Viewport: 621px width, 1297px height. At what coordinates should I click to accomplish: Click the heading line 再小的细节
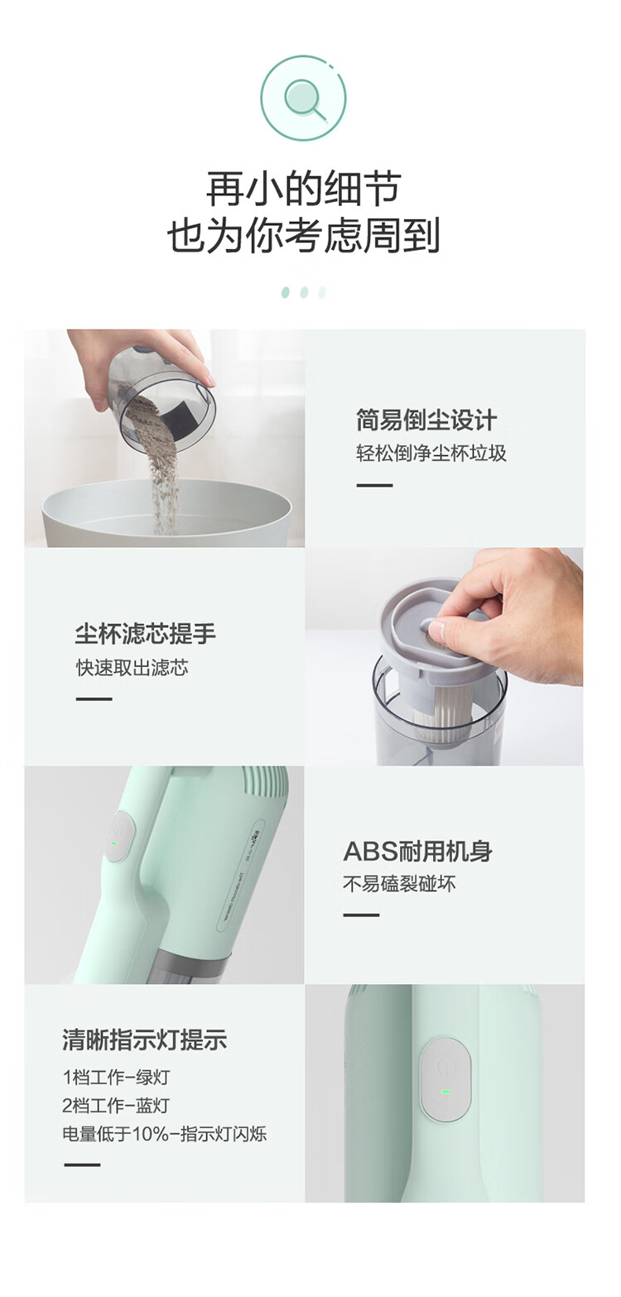click(x=303, y=189)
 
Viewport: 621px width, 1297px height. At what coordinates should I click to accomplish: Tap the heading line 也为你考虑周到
click(x=304, y=235)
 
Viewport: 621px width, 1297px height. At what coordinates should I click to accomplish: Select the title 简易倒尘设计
click(x=426, y=420)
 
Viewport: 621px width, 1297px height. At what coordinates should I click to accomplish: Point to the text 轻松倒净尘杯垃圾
click(x=431, y=453)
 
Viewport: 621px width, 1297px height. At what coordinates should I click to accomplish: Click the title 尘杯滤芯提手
click(x=146, y=634)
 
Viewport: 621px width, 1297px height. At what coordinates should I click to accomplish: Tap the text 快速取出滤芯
click(x=132, y=668)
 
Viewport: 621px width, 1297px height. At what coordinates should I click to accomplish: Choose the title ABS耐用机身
click(x=417, y=851)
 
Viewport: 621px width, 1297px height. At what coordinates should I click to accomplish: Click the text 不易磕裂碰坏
click(x=399, y=884)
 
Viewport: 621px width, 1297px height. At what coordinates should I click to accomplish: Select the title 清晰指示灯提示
click(x=145, y=1040)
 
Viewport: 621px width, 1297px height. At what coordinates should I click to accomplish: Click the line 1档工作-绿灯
click(x=116, y=1077)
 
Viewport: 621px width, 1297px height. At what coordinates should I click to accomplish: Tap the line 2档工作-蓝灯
click(x=116, y=1105)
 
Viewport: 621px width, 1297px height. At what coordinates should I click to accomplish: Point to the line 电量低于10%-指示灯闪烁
click(x=165, y=1134)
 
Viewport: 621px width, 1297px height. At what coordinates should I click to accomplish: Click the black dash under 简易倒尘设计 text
click(x=374, y=485)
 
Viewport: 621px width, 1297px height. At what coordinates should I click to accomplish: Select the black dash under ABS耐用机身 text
click(x=361, y=915)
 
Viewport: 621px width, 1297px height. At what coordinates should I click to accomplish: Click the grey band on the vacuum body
click(x=185, y=963)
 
